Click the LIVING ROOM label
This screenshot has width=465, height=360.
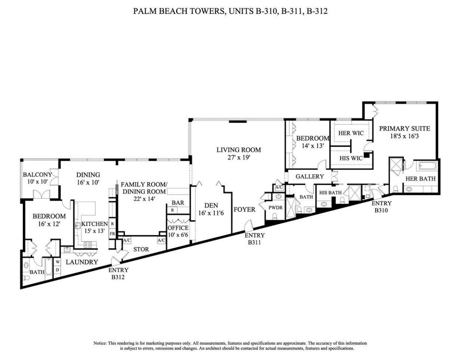coord(239,149)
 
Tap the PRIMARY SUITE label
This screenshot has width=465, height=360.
coord(404,128)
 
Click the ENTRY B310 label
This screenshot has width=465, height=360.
coord(381,206)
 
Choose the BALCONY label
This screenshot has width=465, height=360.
coord(37,175)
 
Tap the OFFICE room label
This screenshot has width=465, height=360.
coord(178,228)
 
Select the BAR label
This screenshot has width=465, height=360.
coord(178,203)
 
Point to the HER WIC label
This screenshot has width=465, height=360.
coord(351,133)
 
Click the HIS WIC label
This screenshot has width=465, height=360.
coord(351,158)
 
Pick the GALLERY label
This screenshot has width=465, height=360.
coord(310,176)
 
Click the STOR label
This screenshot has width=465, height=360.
coord(141,249)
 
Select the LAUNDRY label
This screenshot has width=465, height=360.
coord(82,262)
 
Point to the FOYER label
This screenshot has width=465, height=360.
coord(244,209)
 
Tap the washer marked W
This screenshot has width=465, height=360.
coord(57,262)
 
